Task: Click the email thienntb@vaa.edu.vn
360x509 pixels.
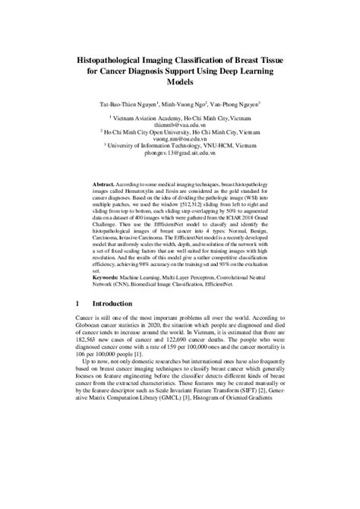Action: [180, 127]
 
